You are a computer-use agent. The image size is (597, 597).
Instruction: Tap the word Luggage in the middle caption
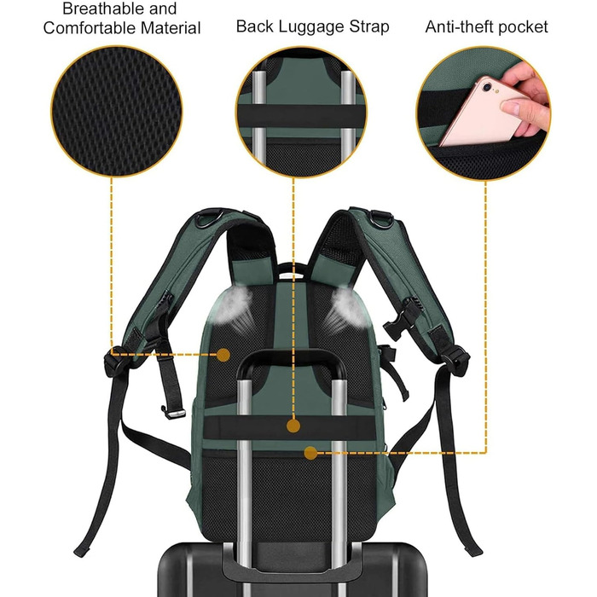(312, 27)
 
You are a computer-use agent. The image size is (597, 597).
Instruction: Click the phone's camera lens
(487, 87)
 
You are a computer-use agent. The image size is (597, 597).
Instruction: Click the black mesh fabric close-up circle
(117, 111)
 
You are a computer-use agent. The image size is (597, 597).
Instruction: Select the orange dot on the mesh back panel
(223, 355)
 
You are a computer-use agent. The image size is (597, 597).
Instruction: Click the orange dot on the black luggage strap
(293, 426)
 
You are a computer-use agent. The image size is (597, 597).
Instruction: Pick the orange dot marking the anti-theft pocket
(310, 453)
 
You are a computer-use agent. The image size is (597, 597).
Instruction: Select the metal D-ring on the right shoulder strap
(381, 218)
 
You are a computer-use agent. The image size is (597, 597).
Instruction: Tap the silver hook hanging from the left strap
(174, 412)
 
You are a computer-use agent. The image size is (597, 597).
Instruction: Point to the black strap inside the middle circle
(301, 115)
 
